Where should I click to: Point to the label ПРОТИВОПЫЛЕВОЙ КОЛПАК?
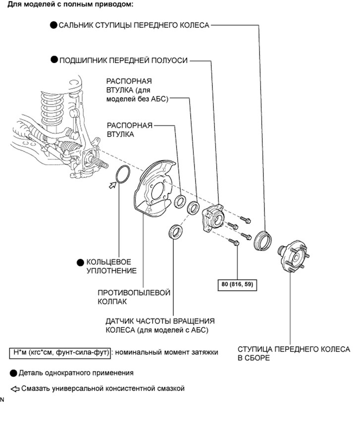pyautogui.click(x=134, y=296)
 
